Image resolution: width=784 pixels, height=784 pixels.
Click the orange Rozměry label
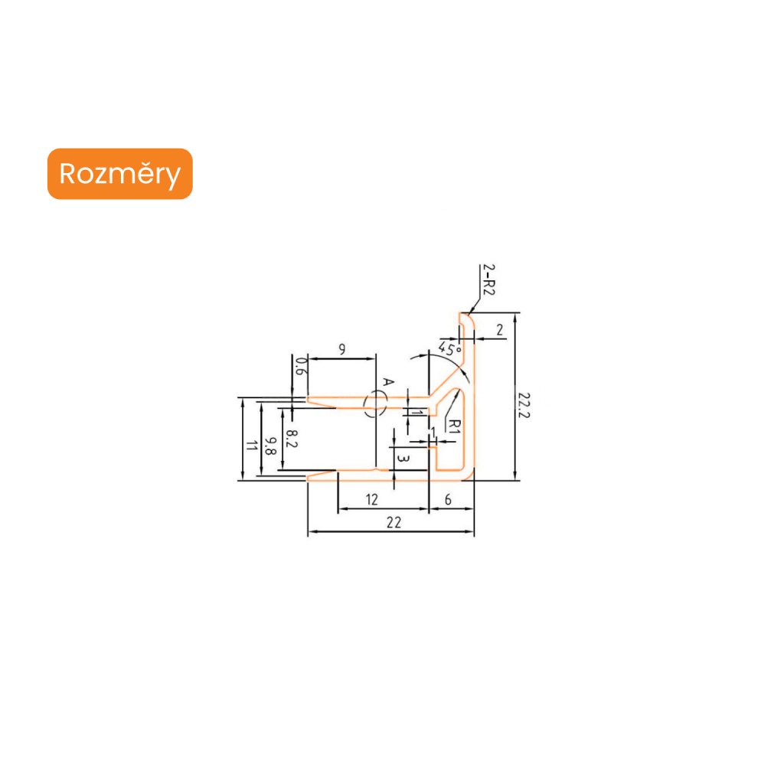119,174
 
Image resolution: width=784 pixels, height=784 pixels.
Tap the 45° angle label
450,349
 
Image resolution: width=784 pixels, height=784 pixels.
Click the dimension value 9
341,349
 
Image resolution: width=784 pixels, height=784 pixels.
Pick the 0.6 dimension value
301,367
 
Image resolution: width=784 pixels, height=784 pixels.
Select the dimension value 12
372,499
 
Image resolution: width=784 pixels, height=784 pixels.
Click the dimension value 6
449,499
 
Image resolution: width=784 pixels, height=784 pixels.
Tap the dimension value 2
499,330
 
